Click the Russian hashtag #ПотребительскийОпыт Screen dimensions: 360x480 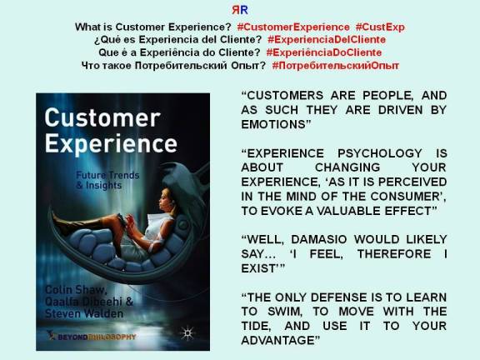(335, 65)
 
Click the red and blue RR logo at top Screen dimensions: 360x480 (239, 10)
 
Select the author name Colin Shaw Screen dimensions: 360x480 (72, 289)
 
